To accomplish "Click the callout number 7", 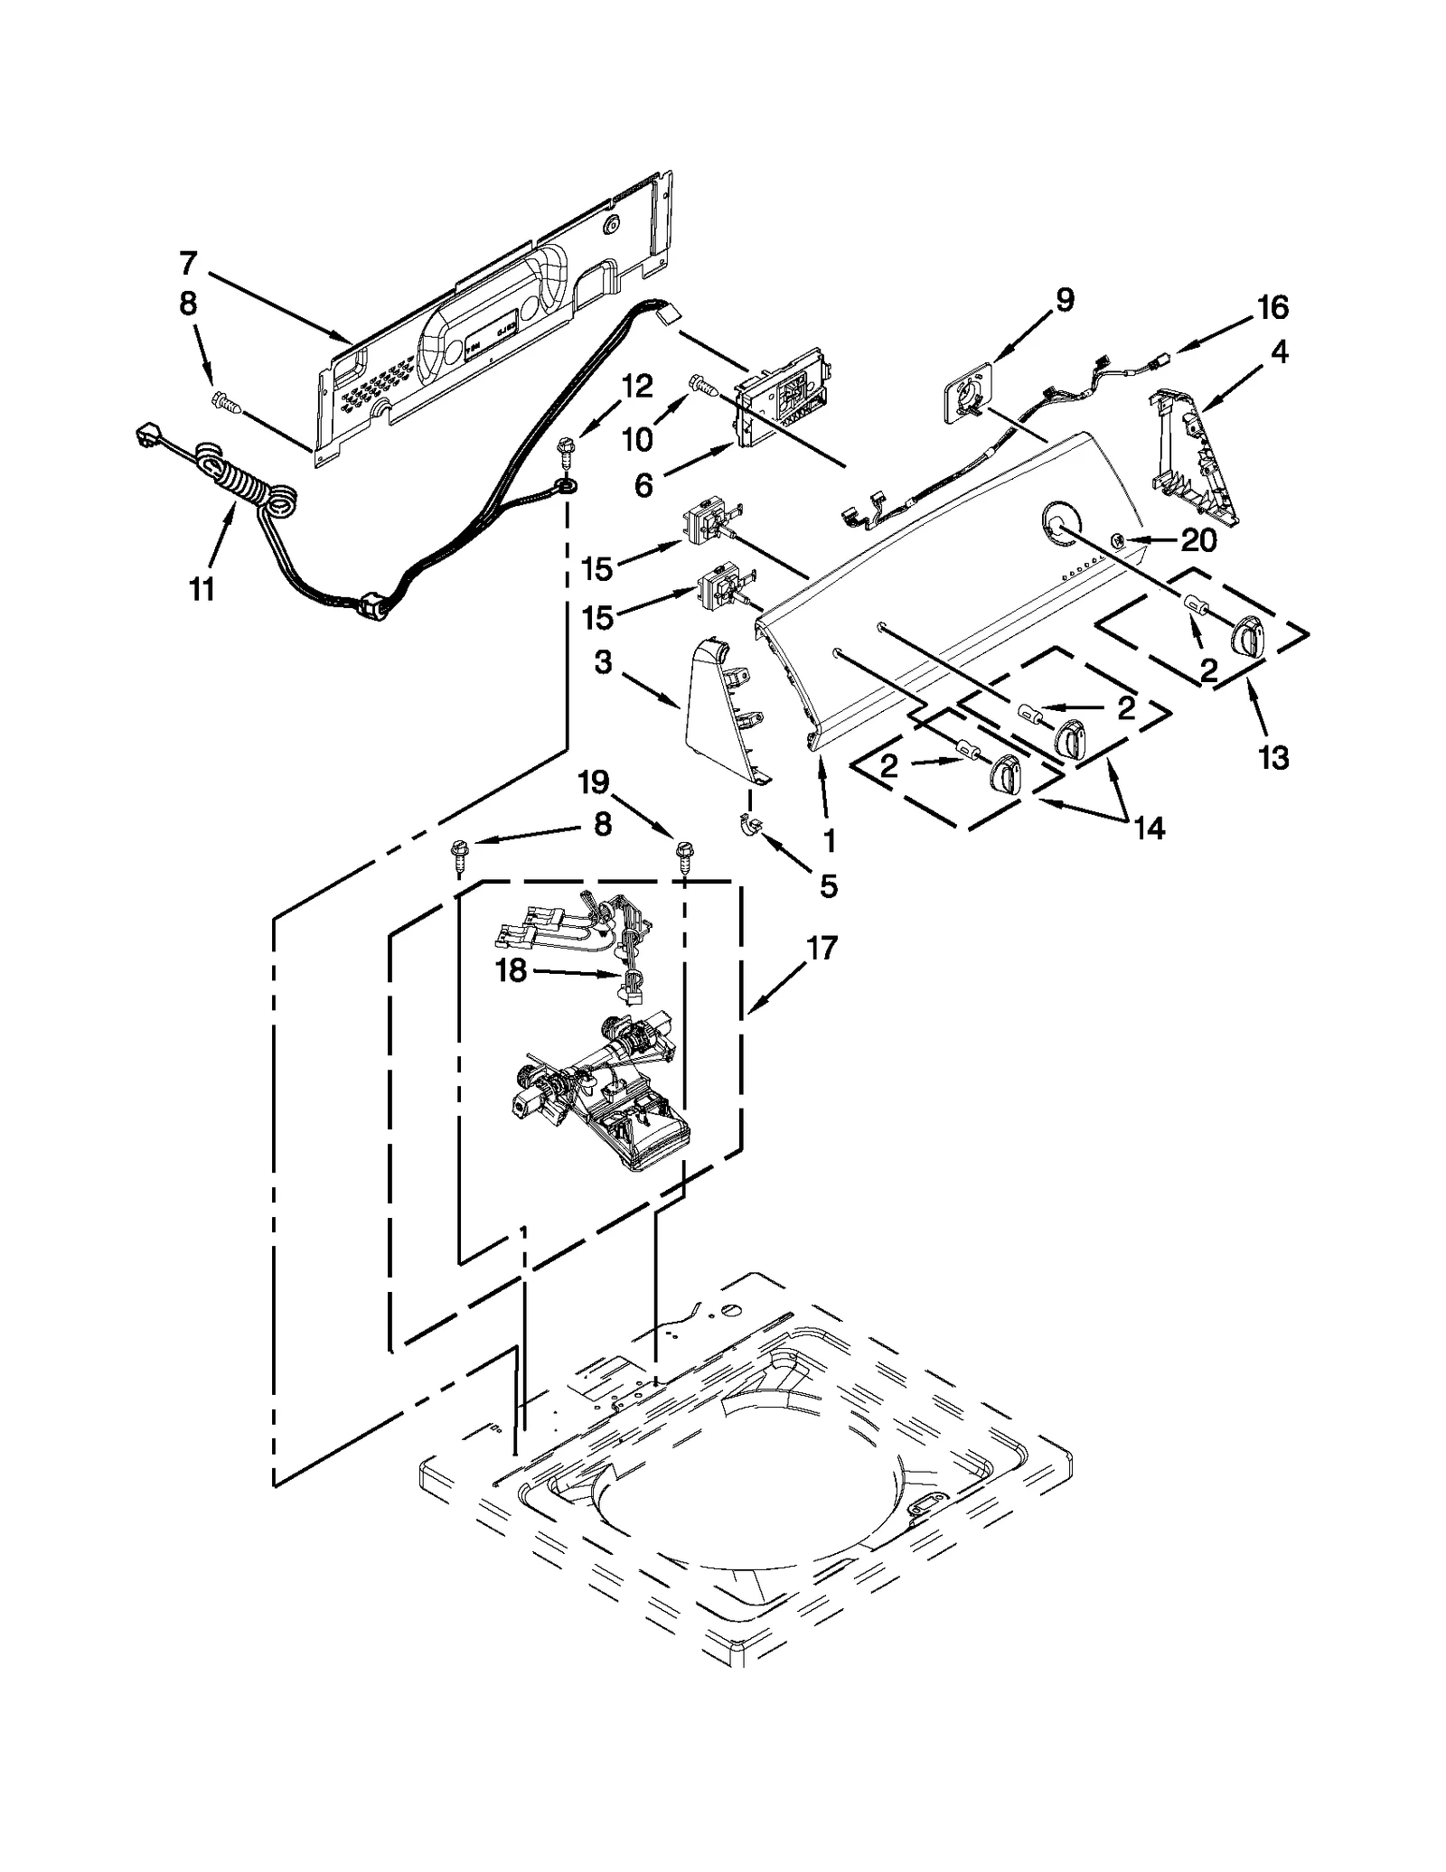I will (x=187, y=264).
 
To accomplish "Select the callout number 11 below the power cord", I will (x=202, y=589).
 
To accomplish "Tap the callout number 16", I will (x=1272, y=308).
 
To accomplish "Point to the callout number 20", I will (x=1198, y=540).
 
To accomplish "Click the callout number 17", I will (x=822, y=949).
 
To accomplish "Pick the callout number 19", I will (x=594, y=782).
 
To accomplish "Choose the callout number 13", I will (x=1272, y=757).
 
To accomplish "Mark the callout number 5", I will (x=828, y=886).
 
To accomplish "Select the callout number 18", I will (x=511, y=970).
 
